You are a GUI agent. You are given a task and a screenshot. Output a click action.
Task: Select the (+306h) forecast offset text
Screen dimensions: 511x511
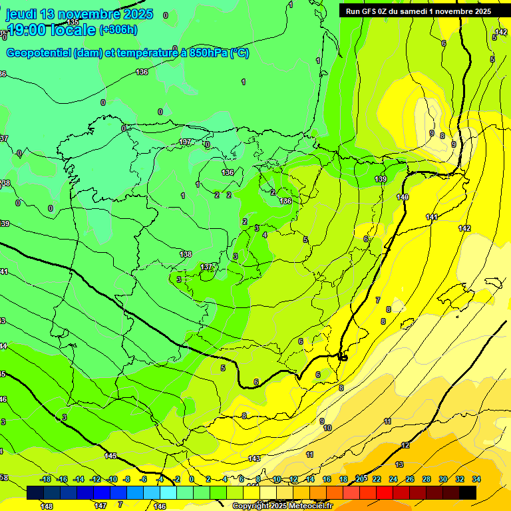click(x=118, y=29)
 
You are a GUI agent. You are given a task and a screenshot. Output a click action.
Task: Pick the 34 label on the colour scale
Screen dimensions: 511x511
click(x=476, y=479)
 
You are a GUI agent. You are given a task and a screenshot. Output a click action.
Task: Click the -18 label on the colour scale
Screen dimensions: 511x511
click(x=46, y=479)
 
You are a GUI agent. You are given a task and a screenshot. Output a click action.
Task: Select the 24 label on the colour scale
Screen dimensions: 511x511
click(x=393, y=479)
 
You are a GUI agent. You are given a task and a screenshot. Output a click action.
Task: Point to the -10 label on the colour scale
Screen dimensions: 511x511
click(x=112, y=479)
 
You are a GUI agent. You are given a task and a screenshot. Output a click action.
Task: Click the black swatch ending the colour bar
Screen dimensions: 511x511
click(x=468, y=492)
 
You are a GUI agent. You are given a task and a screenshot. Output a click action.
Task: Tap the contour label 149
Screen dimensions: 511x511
click(x=403, y=197)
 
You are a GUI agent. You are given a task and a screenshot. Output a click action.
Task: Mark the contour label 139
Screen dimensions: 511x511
click(x=381, y=179)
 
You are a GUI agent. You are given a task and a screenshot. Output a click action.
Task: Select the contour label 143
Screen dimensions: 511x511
click(x=254, y=458)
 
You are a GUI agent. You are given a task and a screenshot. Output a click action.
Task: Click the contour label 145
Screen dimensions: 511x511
click(x=110, y=456)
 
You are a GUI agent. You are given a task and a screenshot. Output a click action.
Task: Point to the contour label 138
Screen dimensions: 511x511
click(x=186, y=254)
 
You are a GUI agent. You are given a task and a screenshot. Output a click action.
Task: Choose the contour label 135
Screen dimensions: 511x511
click(x=73, y=22)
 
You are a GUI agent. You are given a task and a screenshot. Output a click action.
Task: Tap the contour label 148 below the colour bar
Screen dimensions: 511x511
click(x=47, y=506)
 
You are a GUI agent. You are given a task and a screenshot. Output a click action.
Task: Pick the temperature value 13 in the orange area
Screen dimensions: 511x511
click(x=399, y=464)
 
